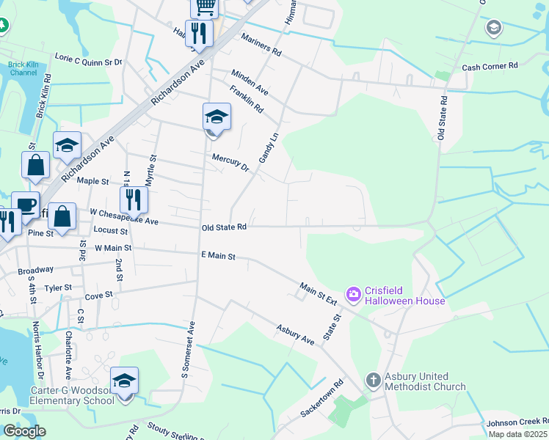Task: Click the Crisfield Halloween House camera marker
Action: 354,294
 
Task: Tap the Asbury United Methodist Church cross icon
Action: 373,380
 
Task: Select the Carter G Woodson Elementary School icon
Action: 125,381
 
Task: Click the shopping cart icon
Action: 204,6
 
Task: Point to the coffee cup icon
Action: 26,205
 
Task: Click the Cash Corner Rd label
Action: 490,66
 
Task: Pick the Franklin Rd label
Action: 246,99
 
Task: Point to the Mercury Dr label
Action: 230,162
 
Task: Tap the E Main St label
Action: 218,256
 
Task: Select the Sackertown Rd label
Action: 321,399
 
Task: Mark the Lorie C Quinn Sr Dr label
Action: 88,58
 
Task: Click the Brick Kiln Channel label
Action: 22,69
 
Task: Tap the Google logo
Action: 24,431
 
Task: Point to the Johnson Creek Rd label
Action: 517,422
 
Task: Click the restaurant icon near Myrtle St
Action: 134,199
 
